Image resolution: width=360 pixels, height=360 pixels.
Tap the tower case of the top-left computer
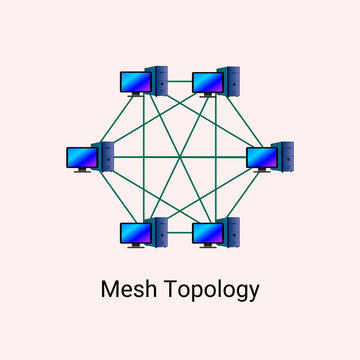pyautogui.click(x=157, y=80)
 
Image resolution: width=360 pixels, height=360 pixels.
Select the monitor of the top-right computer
pyautogui.click(x=206, y=81)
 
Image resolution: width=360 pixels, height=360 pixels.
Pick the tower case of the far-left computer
pyautogui.click(x=104, y=156)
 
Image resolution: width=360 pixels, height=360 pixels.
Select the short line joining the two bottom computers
pyautogui.click(x=180, y=236)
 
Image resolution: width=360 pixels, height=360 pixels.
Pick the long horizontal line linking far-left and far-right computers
pyautogui.click(x=180, y=158)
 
